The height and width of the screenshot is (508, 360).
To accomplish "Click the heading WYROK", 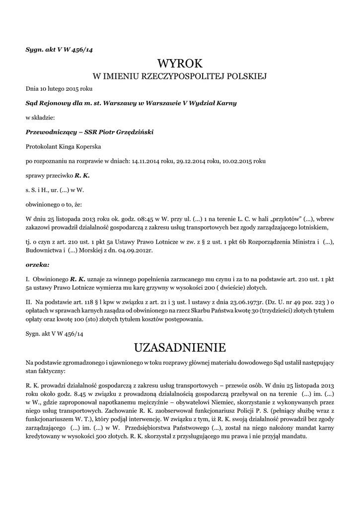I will (180, 63).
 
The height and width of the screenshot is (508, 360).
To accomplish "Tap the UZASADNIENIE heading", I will (180, 346).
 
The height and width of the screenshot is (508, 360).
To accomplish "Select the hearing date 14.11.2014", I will (147, 161).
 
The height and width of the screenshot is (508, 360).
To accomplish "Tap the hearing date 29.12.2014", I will (194, 161).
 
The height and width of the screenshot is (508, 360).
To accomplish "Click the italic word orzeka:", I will (37, 264).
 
